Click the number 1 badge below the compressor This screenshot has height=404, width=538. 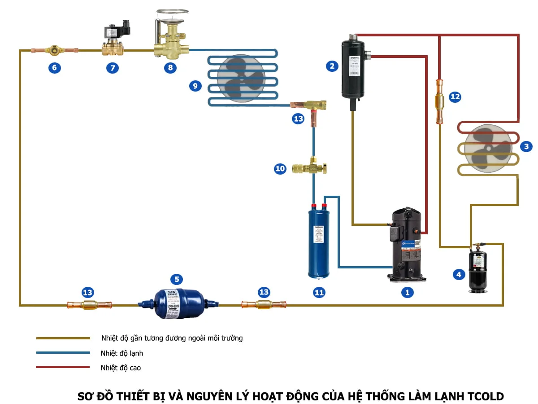coord(407,292)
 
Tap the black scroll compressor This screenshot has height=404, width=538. coord(407,245)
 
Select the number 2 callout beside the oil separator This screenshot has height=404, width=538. coord(332,66)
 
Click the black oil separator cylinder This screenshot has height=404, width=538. coord(354,70)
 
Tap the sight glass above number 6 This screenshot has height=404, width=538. coord(54,50)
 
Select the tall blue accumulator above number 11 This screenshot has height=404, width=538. coord(318,240)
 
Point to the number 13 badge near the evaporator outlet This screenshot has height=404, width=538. coord(298,119)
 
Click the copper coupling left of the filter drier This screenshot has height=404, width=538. coord(88,305)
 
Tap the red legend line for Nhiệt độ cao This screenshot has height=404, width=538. coord(63,367)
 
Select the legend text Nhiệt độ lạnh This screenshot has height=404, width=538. coord(122,353)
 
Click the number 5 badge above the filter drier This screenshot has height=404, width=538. coord(176,280)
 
